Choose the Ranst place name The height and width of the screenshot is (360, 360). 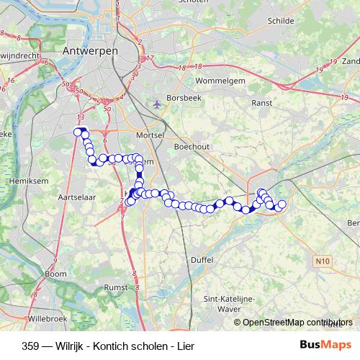click(261, 104)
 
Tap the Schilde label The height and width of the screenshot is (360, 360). click(280, 22)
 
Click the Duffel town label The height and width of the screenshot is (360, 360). click(204, 259)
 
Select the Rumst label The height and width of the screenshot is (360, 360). click(116, 287)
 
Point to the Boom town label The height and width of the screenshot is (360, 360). click(55, 274)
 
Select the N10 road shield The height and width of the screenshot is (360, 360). click(320, 259)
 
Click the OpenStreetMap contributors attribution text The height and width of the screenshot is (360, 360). click(297, 323)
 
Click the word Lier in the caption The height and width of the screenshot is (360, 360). click(185, 345)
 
